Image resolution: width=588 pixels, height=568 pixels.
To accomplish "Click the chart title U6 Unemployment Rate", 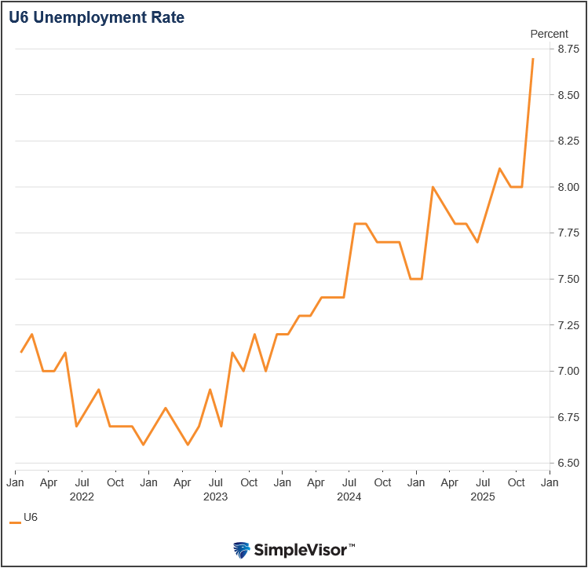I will (97, 18).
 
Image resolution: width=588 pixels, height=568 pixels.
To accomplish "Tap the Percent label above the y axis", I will (549, 34).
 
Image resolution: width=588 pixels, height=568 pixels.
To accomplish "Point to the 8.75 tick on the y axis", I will (568, 49).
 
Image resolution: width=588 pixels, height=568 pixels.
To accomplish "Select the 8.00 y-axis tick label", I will (568, 187).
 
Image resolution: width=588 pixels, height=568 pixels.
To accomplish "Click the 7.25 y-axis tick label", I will (568, 325).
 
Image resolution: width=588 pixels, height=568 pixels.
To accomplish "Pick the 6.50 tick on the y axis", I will (568, 464).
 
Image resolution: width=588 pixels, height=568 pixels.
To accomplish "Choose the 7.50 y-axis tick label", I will (568, 279).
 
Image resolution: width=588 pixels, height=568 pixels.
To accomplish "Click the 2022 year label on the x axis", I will (82, 497).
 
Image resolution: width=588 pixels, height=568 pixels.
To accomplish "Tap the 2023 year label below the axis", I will (215, 497).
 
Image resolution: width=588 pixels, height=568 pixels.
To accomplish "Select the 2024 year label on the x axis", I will (349, 497).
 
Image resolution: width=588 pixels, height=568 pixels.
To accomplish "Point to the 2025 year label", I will (482, 497).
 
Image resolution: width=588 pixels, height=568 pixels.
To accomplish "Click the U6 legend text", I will (31, 518).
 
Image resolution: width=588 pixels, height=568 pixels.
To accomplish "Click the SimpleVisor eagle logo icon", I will (242, 549).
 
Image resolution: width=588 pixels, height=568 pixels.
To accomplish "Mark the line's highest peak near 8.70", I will (533, 58).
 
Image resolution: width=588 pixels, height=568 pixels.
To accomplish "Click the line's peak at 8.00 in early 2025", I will (433, 187).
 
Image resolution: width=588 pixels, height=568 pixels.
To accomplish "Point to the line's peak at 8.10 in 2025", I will (499, 168).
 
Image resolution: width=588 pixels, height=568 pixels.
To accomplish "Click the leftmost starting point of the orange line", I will (20, 352).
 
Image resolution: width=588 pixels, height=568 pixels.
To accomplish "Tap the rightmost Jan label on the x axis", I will (550, 482).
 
